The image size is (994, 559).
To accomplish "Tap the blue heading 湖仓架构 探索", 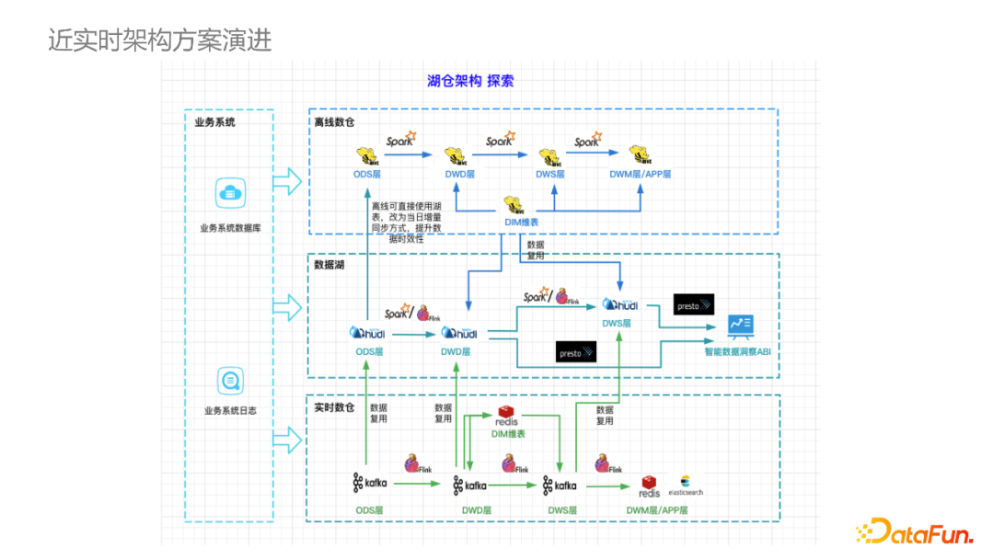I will (x=470, y=81).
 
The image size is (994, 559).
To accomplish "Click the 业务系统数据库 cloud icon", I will (x=230, y=194).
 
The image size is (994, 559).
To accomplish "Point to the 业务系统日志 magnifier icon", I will (x=230, y=379).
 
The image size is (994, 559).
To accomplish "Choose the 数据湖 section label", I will (x=329, y=265).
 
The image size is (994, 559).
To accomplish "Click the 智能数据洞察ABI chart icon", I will (x=741, y=325).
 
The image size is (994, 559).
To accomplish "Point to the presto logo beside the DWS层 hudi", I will (x=693, y=304).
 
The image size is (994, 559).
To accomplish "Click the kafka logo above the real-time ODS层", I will (x=370, y=484).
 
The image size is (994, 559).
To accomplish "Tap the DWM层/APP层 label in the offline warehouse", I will (x=641, y=174).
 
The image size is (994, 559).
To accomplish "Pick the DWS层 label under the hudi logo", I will (x=617, y=324).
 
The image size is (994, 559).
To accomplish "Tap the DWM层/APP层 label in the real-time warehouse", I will (x=657, y=509).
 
